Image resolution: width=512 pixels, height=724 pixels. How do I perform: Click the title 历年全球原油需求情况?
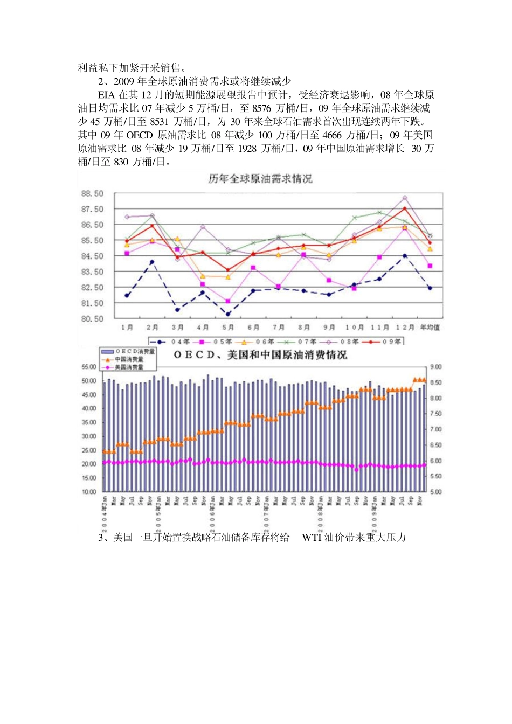tap(260, 179)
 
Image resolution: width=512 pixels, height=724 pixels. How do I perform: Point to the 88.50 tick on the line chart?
tap(92, 193)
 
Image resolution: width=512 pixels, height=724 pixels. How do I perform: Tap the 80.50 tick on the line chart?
tap(92, 319)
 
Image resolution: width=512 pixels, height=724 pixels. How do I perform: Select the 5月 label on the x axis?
tap(228, 328)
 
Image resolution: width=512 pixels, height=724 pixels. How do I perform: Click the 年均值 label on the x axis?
tap(430, 328)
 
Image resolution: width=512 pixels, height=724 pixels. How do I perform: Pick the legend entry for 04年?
tap(169, 342)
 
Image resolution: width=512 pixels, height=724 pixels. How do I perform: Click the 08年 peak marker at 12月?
tap(405, 198)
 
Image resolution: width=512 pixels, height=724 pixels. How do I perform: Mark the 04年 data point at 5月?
tap(228, 314)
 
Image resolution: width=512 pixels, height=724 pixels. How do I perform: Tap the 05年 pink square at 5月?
tap(228, 301)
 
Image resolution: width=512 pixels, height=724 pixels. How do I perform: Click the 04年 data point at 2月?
tap(152, 262)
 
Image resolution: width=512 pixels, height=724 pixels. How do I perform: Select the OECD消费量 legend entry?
tap(129, 351)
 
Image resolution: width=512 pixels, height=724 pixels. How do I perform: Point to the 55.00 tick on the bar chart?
tap(89, 367)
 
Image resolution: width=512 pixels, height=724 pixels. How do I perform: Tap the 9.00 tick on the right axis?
tap(435, 367)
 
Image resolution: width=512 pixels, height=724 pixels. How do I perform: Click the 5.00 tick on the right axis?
tap(435, 492)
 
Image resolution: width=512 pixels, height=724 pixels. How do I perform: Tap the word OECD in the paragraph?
tap(140, 135)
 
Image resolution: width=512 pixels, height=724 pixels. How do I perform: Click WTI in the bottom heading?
tap(312, 538)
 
